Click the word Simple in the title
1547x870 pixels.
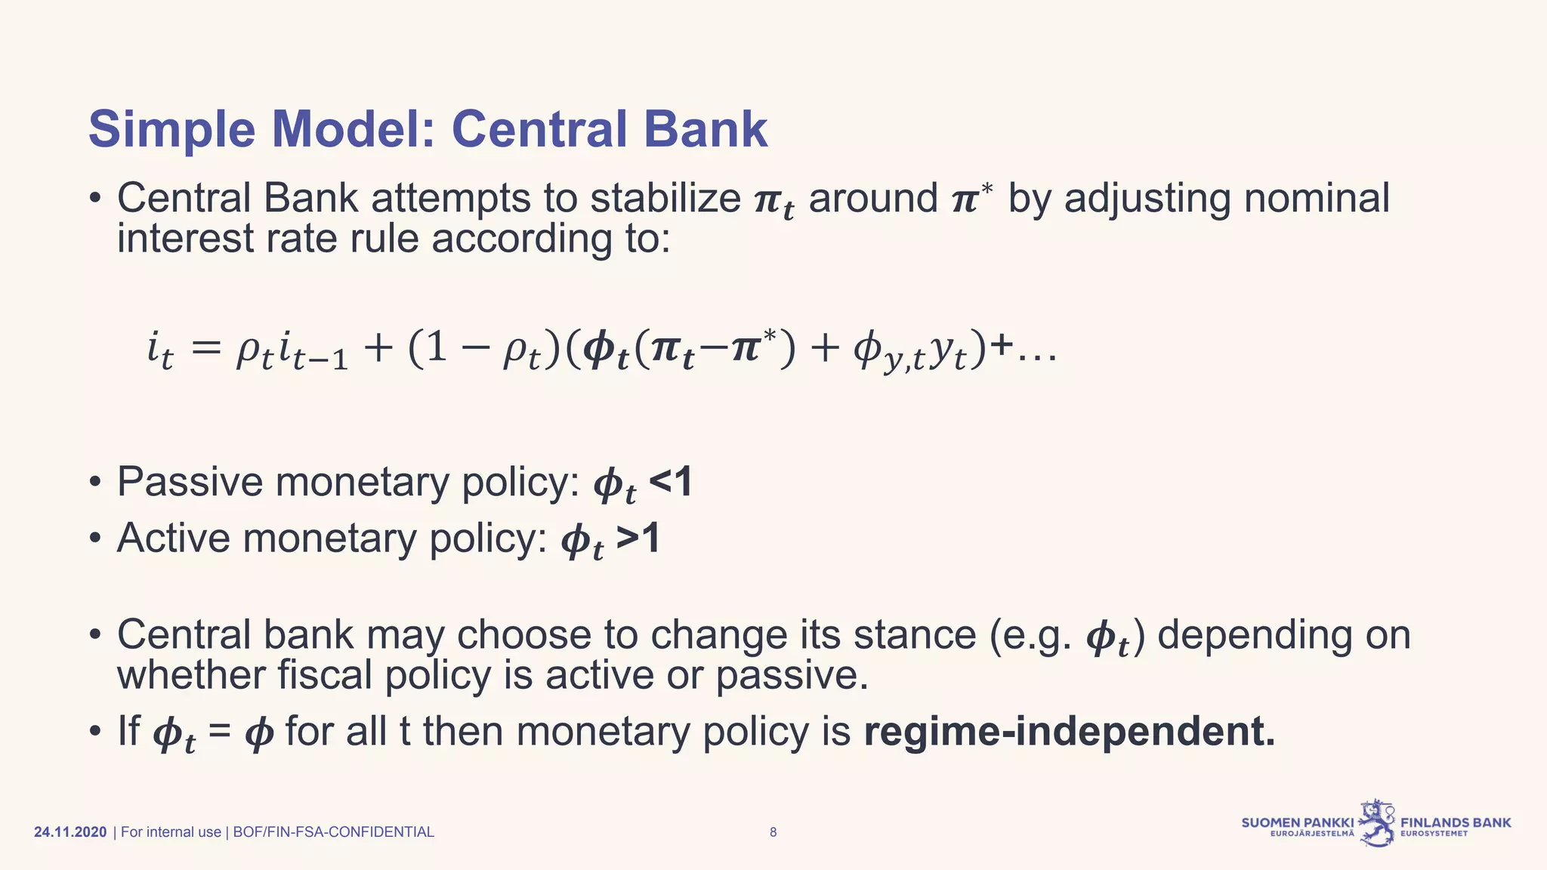[171, 130]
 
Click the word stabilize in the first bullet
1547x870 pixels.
[665, 199]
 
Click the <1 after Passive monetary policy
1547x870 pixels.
[671, 482]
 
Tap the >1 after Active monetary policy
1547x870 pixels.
[638, 538]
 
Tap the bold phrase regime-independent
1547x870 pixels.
[1069, 732]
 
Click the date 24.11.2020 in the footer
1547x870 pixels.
[70, 832]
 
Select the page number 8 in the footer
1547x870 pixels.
[773, 832]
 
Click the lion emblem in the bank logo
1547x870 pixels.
[1377, 823]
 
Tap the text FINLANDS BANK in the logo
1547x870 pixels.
[1456, 822]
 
